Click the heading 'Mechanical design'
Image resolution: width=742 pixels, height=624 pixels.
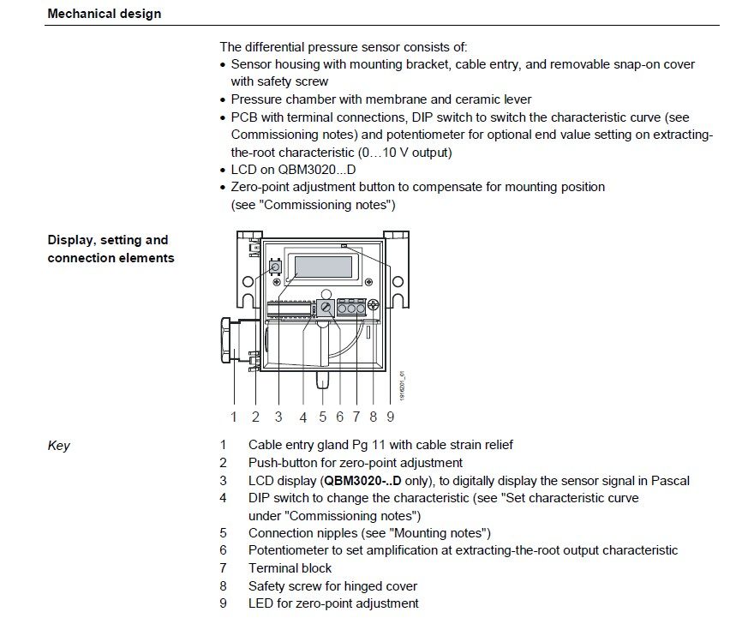coord(104,14)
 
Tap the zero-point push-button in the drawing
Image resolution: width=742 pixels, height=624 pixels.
coord(275,267)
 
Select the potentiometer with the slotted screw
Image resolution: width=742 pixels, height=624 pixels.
coord(326,307)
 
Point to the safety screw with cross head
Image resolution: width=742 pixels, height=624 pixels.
coord(374,303)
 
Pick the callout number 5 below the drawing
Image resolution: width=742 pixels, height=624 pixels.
coord(322,417)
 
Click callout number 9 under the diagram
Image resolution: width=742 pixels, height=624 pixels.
coord(390,417)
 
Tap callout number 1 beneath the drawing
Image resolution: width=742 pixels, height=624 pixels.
coord(233,417)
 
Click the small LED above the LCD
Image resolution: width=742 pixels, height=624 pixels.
coord(344,247)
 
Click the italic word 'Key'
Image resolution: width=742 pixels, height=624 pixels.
coord(58,446)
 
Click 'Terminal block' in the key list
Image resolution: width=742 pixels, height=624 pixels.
coord(290,567)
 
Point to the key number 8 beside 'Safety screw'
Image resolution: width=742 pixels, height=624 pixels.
coord(223,586)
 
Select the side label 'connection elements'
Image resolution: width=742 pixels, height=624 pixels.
coord(111,258)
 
